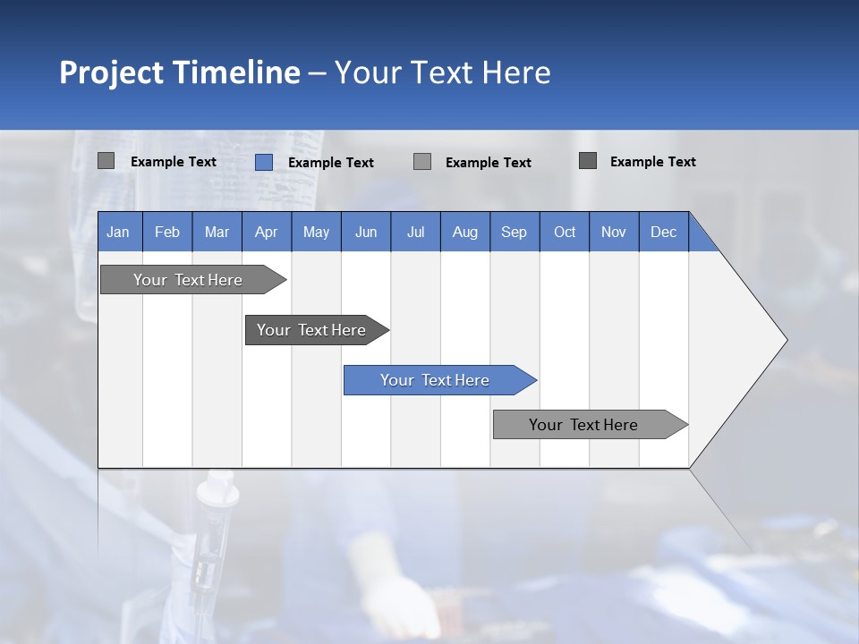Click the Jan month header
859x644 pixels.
click(x=119, y=232)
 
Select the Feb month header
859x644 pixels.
click(x=167, y=232)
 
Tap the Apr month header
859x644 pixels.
click(x=267, y=232)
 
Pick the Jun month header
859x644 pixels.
click(x=366, y=232)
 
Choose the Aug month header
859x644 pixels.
click(x=465, y=232)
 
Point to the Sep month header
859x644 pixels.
click(x=515, y=232)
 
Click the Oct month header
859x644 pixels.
click(x=565, y=232)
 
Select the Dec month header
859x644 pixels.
click(x=664, y=232)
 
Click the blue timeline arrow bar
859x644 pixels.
click(x=438, y=380)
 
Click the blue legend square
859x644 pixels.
click(x=264, y=162)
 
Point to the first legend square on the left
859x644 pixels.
click(x=106, y=161)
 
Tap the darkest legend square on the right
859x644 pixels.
click(x=588, y=161)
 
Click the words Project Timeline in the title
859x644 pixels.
click(x=179, y=72)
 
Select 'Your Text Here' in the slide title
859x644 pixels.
click(x=442, y=72)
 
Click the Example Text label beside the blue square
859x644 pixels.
click(x=331, y=163)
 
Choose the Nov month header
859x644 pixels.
click(x=614, y=232)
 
